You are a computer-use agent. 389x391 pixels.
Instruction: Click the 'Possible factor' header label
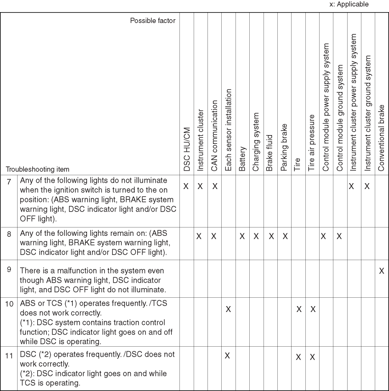(x=153, y=20)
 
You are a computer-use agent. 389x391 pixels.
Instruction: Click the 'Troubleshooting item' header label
(x=38, y=169)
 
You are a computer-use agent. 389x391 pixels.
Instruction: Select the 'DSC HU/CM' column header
(x=187, y=149)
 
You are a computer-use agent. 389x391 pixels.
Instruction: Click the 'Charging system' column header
(x=256, y=141)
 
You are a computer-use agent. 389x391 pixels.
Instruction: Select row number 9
(x=9, y=269)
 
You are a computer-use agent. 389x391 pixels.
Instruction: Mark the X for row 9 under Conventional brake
(x=381, y=271)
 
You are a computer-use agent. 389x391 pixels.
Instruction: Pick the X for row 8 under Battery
(x=242, y=236)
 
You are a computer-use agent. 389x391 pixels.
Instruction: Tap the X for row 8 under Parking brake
(x=284, y=236)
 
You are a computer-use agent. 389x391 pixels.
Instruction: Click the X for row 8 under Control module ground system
(x=339, y=236)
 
